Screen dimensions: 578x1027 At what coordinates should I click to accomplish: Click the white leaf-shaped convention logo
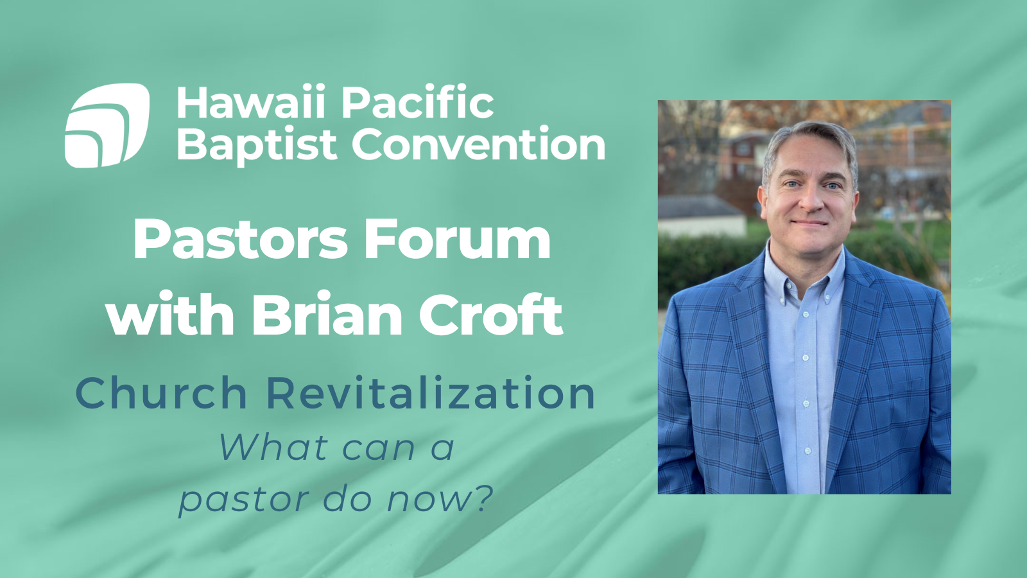click(x=107, y=125)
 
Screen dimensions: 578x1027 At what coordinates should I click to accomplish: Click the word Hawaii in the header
click(x=250, y=103)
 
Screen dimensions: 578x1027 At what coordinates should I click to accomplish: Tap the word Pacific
click(x=417, y=103)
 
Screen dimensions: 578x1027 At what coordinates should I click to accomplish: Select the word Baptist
click(x=256, y=145)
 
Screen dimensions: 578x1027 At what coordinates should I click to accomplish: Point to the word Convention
click(x=478, y=145)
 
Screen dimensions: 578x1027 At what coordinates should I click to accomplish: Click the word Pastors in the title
click(x=240, y=240)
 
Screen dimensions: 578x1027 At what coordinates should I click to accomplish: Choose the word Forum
click(x=457, y=240)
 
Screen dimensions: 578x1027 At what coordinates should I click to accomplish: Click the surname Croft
click(x=491, y=315)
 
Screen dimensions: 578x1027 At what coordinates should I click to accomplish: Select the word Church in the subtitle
click(x=161, y=393)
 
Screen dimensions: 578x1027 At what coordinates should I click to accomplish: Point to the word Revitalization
click(x=431, y=393)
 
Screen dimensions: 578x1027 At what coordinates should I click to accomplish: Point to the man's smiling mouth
click(x=810, y=223)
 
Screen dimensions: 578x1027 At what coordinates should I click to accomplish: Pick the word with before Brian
click(x=170, y=315)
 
